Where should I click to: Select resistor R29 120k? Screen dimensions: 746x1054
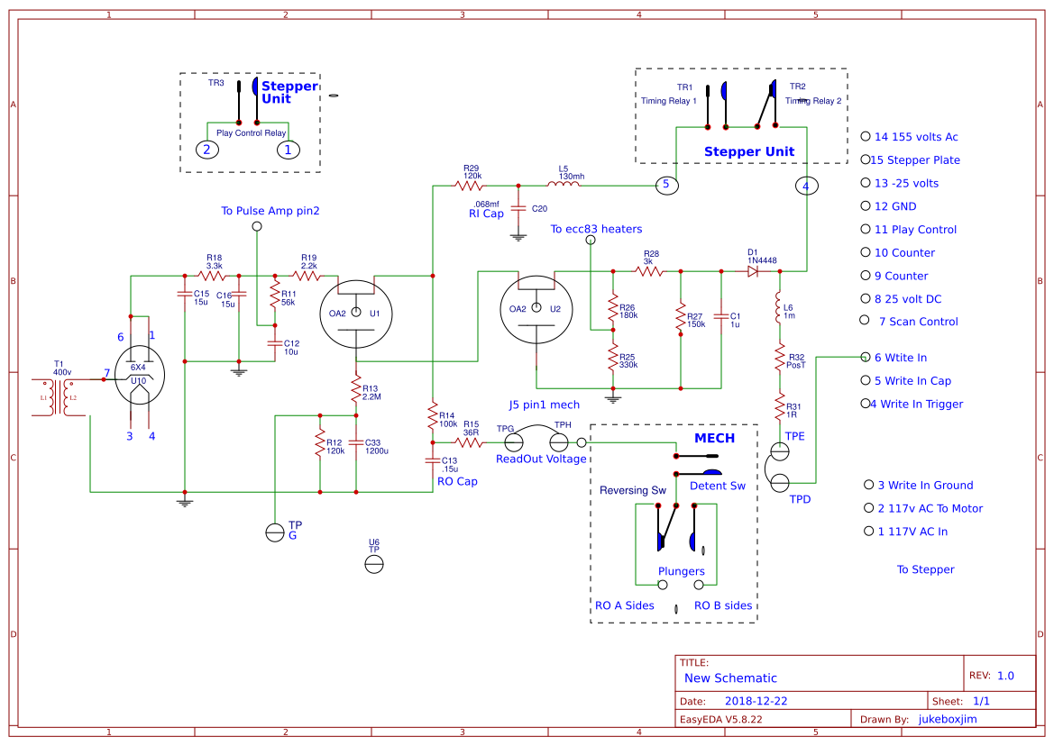[x=470, y=186]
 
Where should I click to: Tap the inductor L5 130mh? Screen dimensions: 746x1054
[x=564, y=186]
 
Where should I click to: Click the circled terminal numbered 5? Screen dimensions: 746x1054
[x=665, y=185]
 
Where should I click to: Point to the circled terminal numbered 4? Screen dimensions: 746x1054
[x=806, y=186]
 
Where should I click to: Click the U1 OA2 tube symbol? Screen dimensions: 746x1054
[x=355, y=313]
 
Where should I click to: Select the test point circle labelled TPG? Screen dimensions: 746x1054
[x=514, y=442]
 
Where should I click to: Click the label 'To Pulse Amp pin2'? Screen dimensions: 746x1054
[x=270, y=211]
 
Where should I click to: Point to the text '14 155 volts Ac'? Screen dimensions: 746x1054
[x=916, y=137]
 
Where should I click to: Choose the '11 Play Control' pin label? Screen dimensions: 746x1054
[x=915, y=230]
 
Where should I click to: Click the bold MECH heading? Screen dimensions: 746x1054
[x=714, y=439]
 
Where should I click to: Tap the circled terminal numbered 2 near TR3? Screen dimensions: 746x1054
[x=207, y=150]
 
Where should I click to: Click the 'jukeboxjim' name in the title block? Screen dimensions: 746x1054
[x=948, y=719]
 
